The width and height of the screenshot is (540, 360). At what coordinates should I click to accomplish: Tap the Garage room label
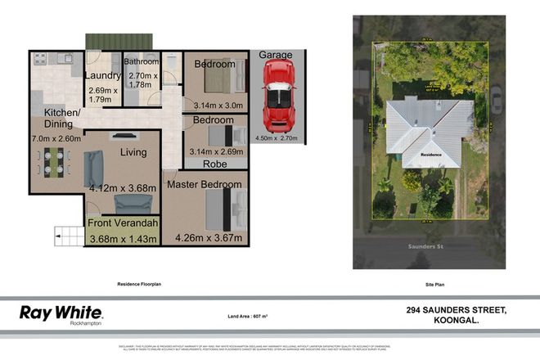point(276,55)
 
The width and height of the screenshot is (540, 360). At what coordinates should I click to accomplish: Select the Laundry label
point(102,76)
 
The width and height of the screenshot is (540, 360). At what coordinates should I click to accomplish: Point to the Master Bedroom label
point(204,185)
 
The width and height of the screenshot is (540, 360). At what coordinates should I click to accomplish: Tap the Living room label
point(133,152)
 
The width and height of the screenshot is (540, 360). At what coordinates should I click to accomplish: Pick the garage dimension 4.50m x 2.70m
point(277,138)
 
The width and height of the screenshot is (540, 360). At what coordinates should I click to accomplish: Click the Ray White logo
point(61,313)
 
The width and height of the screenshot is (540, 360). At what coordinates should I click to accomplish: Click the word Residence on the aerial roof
point(431,153)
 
